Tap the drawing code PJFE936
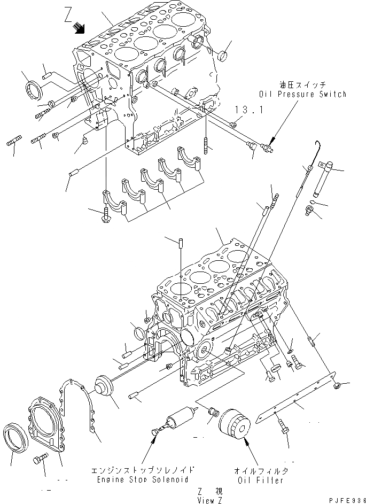(344, 498)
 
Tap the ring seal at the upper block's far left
(33, 88)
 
